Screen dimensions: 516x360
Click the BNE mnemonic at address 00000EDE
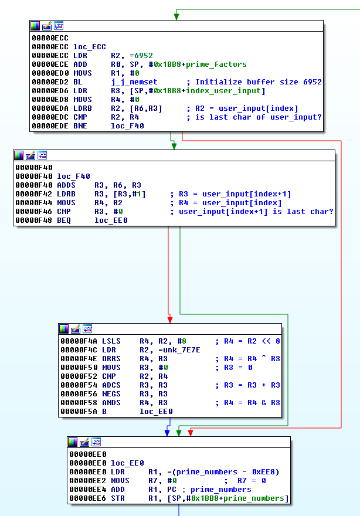tap(80, 125)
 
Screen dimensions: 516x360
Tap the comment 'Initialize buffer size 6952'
tap(259, 82)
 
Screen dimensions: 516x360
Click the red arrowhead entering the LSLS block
tap(170, 320)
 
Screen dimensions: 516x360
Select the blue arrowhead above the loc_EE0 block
tap(168, 433)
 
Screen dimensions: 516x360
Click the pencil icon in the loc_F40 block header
tap(30, 155)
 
